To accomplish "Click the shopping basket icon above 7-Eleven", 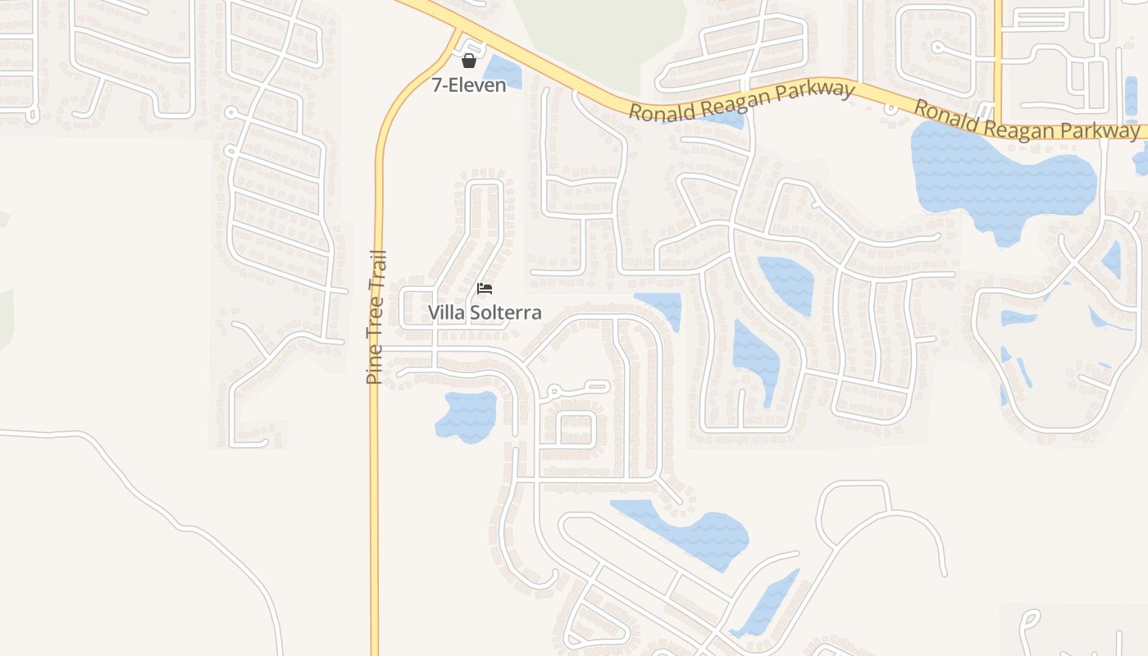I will (469, 61).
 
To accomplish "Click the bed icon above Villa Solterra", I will (485, 289).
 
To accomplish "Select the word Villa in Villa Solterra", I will (446, 312).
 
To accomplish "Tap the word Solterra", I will (505, 312).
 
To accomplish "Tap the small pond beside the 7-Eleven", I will (502, 73).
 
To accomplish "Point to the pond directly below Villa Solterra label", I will (467, 416).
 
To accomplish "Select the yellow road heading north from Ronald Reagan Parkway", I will (999, 49).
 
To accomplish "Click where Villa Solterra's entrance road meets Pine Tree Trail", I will (379, 349).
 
